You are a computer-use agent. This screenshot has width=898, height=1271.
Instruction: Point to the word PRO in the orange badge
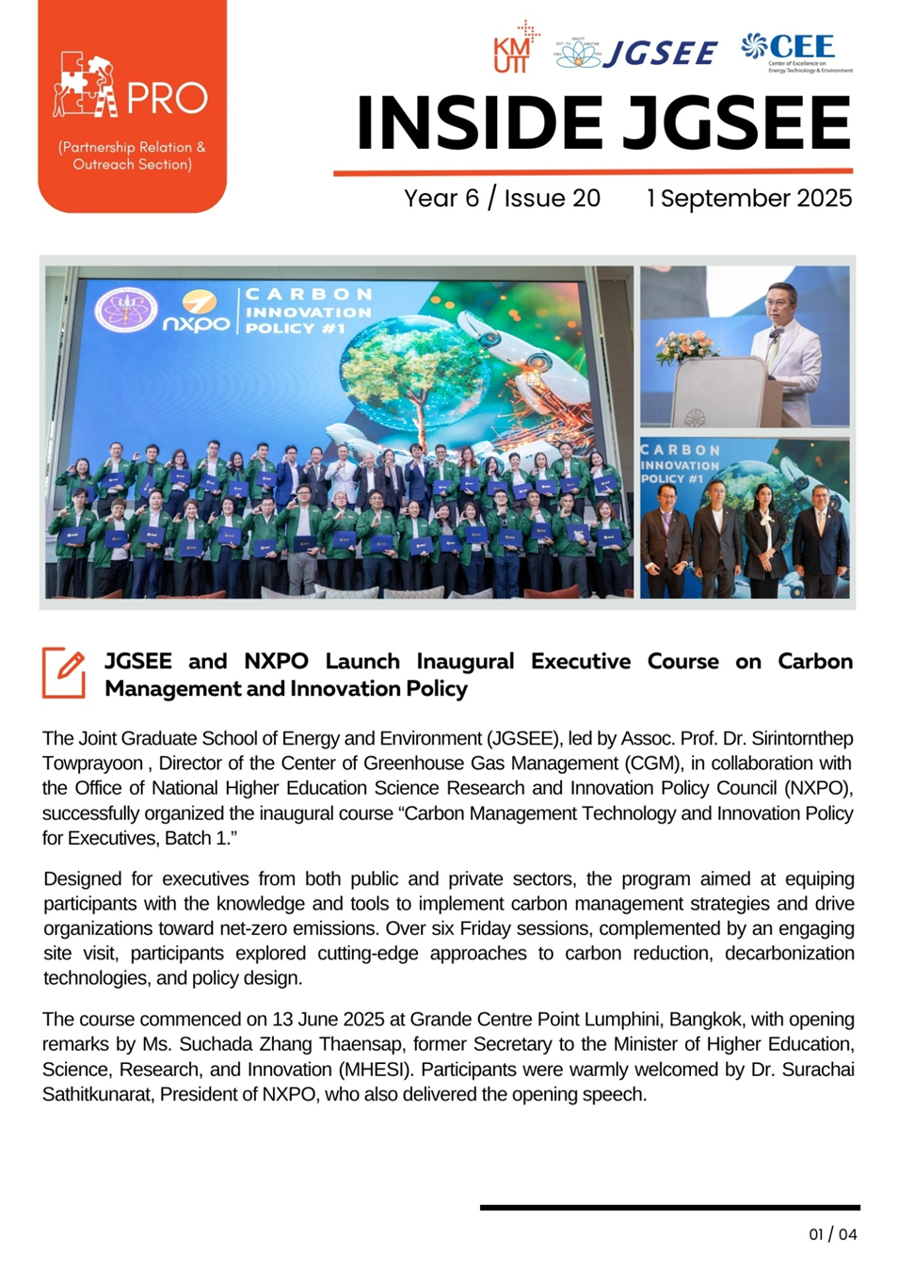pos(167,98)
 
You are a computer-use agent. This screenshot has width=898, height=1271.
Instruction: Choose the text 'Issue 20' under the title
pos(552,199)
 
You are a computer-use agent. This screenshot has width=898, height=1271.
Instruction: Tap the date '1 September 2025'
pos(748,199)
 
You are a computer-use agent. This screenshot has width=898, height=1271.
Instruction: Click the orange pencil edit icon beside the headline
pos(64,672)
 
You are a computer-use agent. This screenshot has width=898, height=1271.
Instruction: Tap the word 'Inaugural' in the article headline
pos(465,662)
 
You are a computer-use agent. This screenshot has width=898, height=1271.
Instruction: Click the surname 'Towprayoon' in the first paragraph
pos(92,764)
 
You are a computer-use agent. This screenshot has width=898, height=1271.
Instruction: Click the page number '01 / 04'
pos(833,1234)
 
